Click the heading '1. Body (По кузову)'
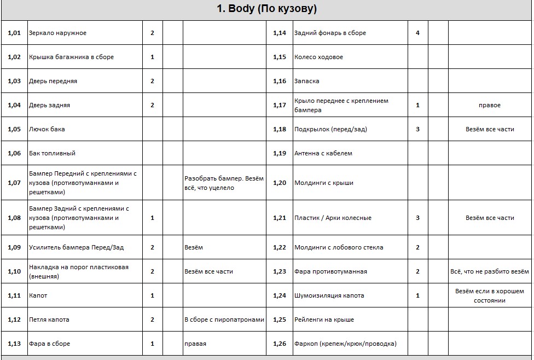point(267,9)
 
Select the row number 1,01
point(14,33)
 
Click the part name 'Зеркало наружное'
point(57,33)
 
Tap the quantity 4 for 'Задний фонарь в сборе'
point(417,33)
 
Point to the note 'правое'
point(490,105)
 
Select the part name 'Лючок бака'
point(47,129)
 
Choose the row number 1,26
point(280,344)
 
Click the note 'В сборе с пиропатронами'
point(224,320)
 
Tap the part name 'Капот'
point(38,295)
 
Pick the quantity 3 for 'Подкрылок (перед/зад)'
point(417,129)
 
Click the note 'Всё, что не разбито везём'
point(490,271)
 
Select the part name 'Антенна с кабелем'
point(323,153)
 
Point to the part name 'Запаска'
point(307,81)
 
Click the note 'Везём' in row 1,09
point(194,247)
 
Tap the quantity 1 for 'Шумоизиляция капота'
point(417,295)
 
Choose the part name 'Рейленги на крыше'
point(324,320)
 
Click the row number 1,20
point(280,183)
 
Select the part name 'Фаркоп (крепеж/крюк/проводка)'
point(345,344)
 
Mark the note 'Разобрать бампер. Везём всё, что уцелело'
point(224,183)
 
